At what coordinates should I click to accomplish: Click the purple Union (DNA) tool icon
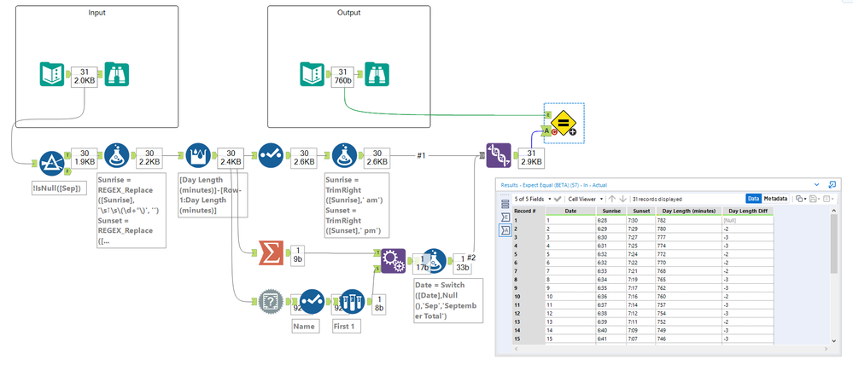pos(500,155)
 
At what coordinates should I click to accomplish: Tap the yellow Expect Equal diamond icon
pos(564,123)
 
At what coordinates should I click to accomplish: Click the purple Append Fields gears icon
pos(393,258)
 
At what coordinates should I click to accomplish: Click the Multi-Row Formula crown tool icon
pos(198,155)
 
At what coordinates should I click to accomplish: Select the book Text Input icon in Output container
pos(312,74)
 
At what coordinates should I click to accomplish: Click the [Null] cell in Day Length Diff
pos(735,220)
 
